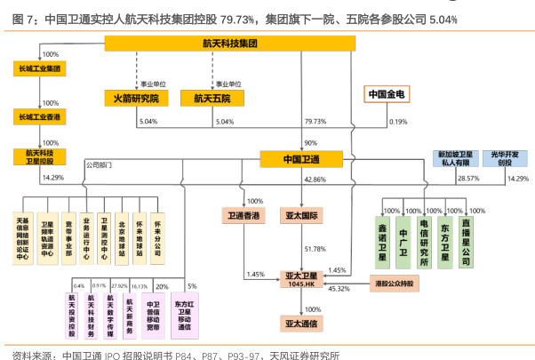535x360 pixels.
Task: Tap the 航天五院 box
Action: pyautogui.click(x=212, y=97)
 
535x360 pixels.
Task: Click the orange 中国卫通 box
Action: pyautogui.click(x=301, y=159)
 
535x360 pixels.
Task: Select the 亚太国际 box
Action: pyautogui.click(x=301, y=215)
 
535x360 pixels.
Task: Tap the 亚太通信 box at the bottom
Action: pyautogui.click(x=301, y=321)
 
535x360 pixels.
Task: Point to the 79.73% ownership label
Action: pyautogui.click(x=315, y=121)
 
